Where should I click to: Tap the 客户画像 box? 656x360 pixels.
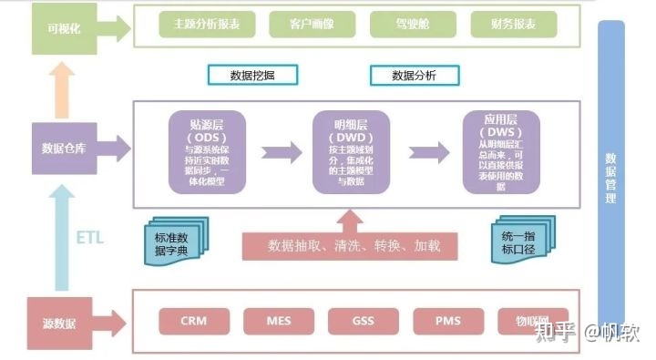click(312, 25)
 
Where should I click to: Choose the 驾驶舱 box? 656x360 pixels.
click(415, 25)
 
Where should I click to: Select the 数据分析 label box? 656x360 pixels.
click(412, 74)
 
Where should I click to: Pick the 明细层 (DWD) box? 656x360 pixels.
click(351, 152)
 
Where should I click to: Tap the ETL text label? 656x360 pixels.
click(88, 239)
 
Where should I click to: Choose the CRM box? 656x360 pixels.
click(193, 321)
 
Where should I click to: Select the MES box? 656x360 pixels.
click(279, 321)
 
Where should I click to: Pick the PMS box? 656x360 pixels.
click(447, 321)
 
